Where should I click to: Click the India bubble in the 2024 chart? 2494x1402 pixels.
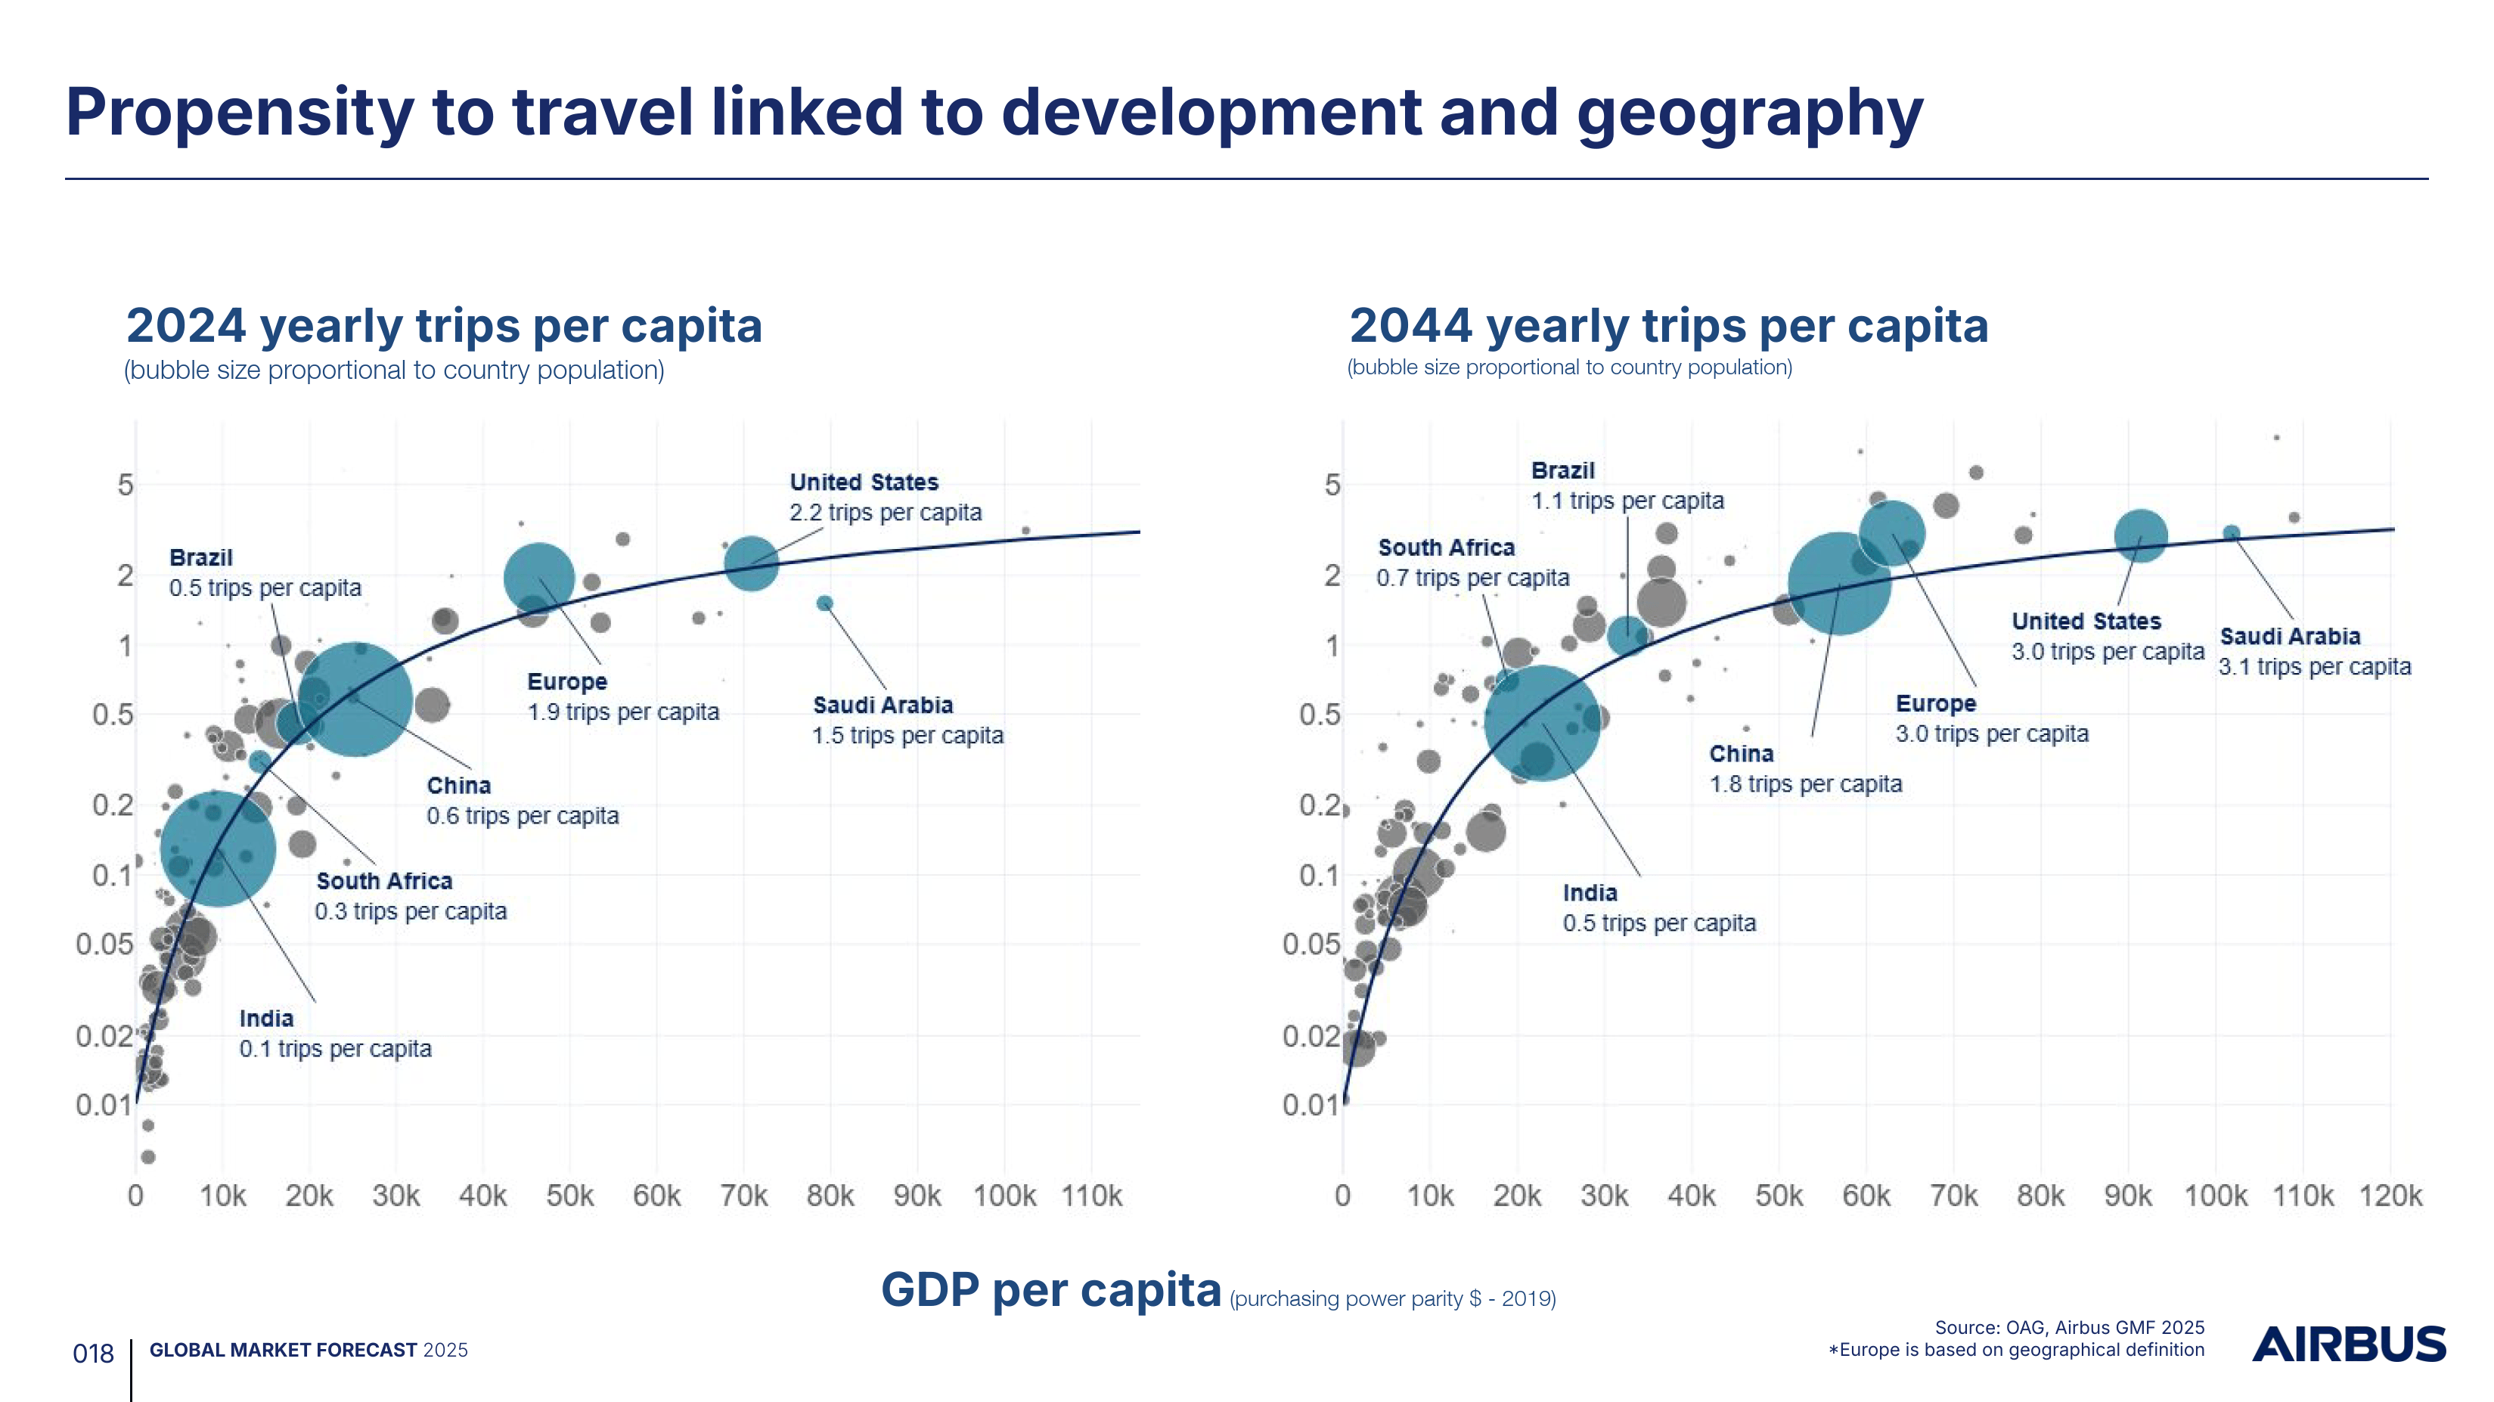point(218,848)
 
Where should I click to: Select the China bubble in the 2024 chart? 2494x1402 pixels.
point(355,698)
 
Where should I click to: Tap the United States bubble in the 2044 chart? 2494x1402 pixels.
point(2141,535)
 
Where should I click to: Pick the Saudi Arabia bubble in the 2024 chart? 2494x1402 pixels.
point(825,603)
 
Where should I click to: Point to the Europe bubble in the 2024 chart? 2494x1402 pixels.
point(539,578)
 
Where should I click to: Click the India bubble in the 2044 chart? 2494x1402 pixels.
point(1541,722)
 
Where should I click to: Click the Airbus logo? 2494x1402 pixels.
point(2349,1345)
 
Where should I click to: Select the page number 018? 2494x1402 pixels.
point(93,1354)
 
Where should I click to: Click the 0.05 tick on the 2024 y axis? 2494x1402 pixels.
point(104,944)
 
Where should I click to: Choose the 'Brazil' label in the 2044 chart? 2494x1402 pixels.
point(1562,470)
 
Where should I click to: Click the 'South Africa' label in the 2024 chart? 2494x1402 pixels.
point(384,881)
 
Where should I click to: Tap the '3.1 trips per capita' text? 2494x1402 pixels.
point(2314,667)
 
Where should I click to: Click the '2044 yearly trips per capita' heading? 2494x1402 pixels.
point(1668,325)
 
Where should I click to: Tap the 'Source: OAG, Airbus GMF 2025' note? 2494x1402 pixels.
point(2069,1327)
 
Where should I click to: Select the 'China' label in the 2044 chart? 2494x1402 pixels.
point(1741,753)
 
